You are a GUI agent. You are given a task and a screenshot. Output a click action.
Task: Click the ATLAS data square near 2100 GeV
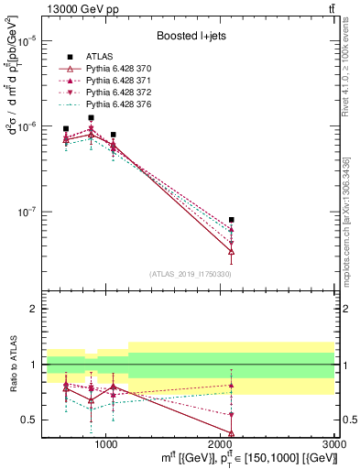232,220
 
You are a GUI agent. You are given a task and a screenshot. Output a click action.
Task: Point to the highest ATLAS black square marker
91,118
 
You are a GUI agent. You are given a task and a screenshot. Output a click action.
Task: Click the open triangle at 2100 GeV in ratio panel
232,433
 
